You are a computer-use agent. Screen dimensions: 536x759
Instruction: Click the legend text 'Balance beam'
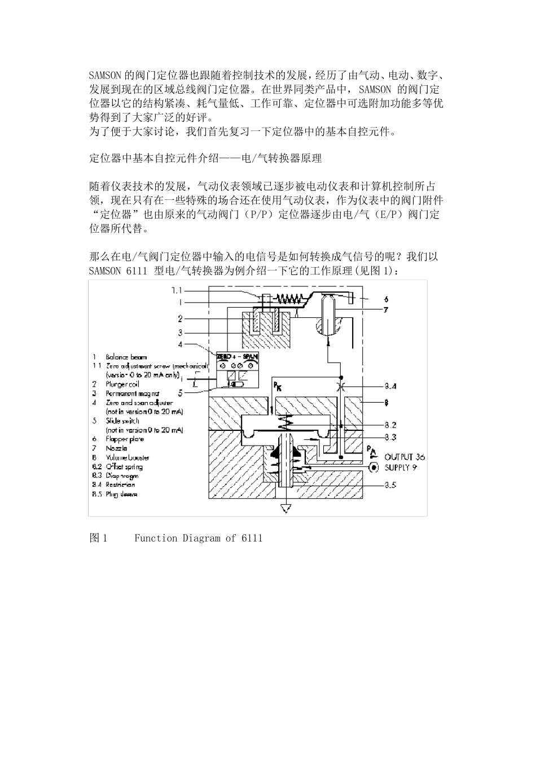click(126, 357)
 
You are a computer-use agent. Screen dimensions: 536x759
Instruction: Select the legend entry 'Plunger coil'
click(122, 384)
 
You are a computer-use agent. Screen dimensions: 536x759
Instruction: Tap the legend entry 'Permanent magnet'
click(133, 393)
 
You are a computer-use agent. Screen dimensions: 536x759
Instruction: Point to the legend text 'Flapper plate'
click(125, 439)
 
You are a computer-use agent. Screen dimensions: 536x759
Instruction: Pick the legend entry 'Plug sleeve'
click(121, 494)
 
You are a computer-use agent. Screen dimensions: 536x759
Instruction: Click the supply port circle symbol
click(372, 468)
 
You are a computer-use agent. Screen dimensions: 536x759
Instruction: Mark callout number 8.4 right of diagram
click(390, 386)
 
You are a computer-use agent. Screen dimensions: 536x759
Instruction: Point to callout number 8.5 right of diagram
click(390, 485)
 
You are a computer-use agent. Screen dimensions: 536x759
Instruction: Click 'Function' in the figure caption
click(156, 538)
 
